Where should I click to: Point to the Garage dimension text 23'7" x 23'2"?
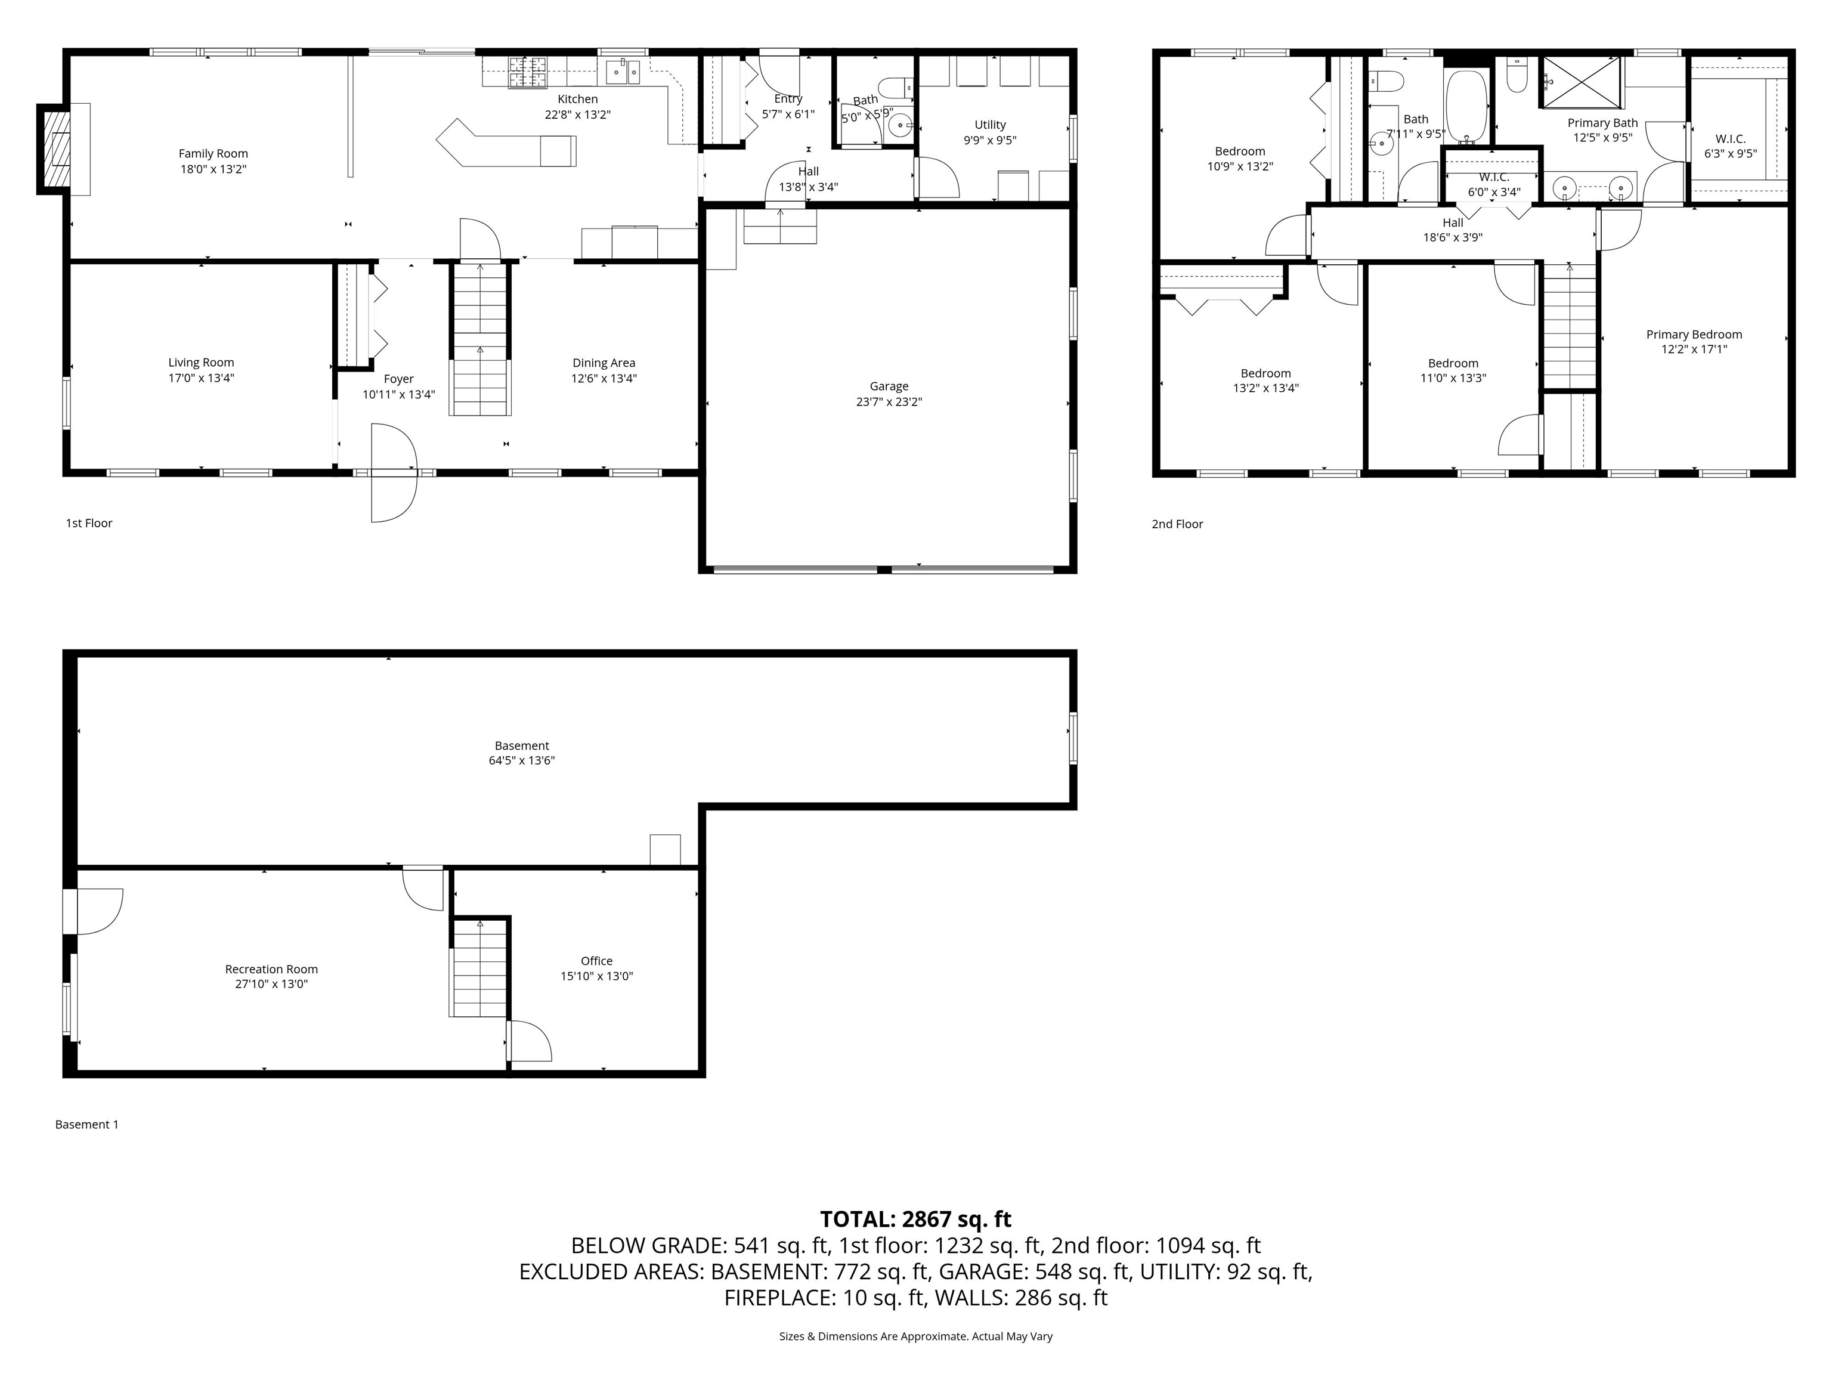[889, 403]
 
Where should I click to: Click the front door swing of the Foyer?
[392, 473]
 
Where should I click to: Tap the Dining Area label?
[604, 363]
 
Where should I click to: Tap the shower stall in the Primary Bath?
[1579, 81]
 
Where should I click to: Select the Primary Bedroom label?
[1694, 335]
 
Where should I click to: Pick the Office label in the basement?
[596, 961]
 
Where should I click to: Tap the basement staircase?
[479, 969]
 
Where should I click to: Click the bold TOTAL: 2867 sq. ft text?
[915, 1219]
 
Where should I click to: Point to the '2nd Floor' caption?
[1177, 524]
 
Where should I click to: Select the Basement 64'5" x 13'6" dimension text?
[521, 760]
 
